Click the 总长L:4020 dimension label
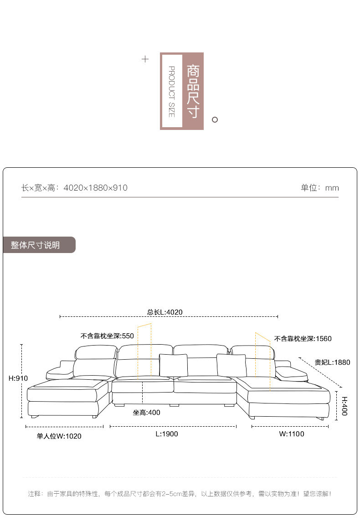(165, 312)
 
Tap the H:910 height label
(18, 378)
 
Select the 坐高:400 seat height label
(146, 413)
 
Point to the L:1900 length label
(167, 434)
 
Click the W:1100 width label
(292, 434)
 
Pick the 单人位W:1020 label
(59, 436)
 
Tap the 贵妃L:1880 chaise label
(332, 362)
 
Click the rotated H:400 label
(345, 406)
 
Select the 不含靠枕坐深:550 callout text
(107, 336)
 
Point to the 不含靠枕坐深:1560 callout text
(303, 338)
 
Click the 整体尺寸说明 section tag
(35, 245)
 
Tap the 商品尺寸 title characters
(193, 92)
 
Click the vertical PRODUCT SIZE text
(172, 92)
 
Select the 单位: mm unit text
(320, 187)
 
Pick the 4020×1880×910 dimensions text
(96, 187)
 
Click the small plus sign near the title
(145, 59)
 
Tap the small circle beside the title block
(215, 119)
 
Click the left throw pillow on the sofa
(173, 365)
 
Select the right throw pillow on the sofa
(231, 365)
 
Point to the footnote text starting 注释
(180, 494)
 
